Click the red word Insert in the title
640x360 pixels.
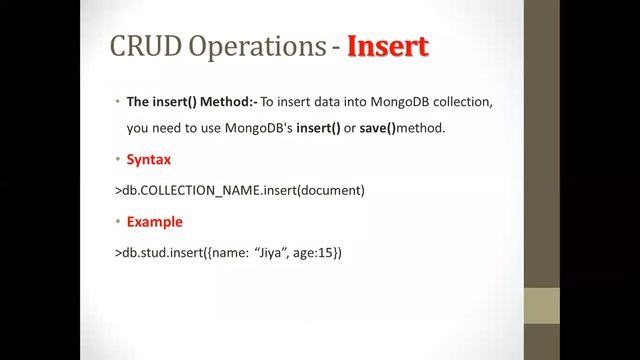coord(388,46)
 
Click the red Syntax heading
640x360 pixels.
coord(149,160)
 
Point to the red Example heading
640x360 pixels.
coord(154,222)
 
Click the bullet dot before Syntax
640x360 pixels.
coord(117,160)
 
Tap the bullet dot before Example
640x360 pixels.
coord(117,222)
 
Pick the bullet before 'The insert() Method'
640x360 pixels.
coord(117,103)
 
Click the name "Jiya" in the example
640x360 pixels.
coord(266,253)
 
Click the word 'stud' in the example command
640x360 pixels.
coord(150,253)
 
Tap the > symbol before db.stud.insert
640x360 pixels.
coord(118,253)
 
